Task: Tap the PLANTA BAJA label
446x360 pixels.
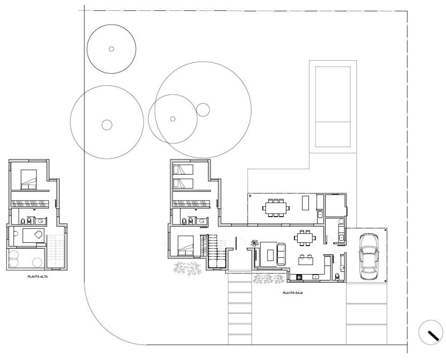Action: point(293,292)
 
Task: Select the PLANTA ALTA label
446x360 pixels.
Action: point(38,276)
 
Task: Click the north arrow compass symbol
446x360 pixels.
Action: point(430,332)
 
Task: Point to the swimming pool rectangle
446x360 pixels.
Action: point(333,106)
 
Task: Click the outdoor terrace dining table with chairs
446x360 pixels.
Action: point(276,208)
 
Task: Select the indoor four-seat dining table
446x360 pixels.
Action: point(305,237)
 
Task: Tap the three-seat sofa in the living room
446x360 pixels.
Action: point(282,254)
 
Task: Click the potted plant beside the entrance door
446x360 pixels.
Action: point(254,243)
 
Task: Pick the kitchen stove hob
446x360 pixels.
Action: point(299,276)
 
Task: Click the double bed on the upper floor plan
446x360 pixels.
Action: point(28,179)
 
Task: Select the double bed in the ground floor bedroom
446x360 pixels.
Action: point(185,245)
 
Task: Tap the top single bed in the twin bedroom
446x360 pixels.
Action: point(183,169)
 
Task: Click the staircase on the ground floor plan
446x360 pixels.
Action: point(216,251)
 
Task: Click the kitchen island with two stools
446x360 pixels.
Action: point(306,259)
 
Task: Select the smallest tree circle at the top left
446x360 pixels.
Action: point(112,49)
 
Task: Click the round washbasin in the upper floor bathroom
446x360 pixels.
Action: point(41,221)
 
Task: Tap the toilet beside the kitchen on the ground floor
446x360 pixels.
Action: point(337,276)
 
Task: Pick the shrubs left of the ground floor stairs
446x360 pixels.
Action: point(188,268)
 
